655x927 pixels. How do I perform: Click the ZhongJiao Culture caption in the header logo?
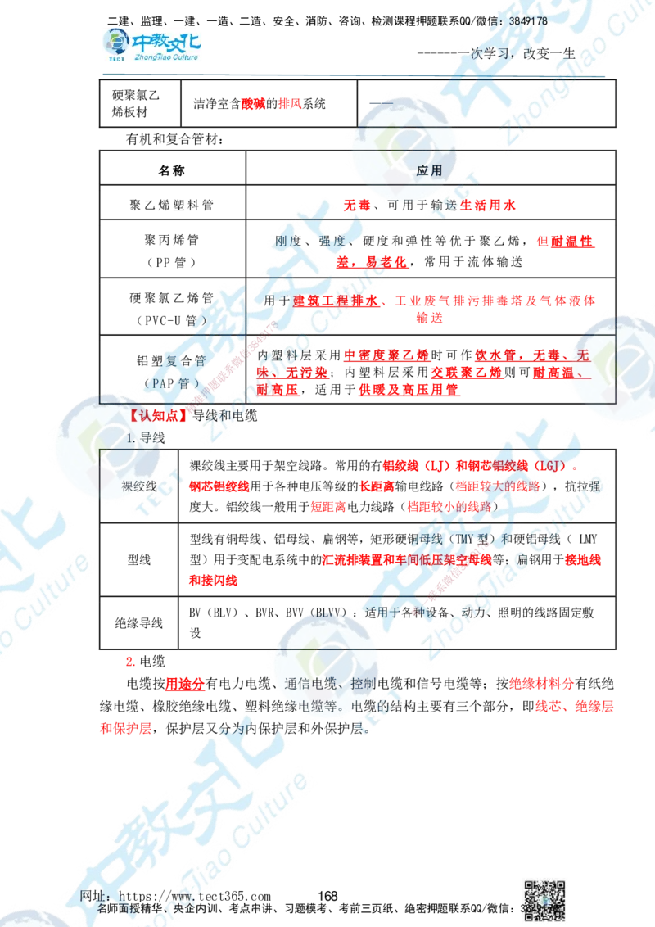click(x=164, y=58)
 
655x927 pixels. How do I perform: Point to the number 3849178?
click(x=528, y=20)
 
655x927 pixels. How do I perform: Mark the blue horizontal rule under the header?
click(x=353, y=76)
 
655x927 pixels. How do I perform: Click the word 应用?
click(x=430, y=172)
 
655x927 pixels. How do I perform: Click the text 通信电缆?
click(x=314, y=684)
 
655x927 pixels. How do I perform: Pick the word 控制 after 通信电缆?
click(x=363, y=684)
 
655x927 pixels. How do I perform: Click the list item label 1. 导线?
click(x=146, y=438)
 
